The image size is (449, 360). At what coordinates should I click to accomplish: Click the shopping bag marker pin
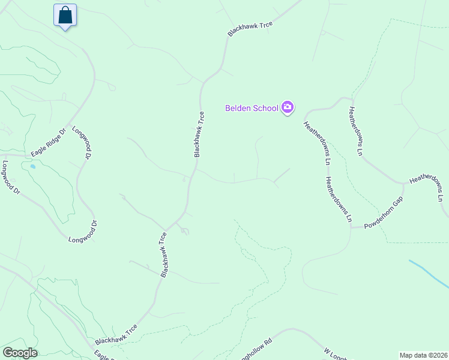[65, 15]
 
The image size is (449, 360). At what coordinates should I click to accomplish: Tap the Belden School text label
[252, 108]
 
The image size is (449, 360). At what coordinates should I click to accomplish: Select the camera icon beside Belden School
[288, 107]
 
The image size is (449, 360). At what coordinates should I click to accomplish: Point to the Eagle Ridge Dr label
[48, 143]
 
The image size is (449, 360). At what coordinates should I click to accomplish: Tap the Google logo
[20, 353]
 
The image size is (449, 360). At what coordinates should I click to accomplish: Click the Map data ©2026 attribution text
[423, 355]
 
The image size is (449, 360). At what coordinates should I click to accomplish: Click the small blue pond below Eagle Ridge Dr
[32, 166]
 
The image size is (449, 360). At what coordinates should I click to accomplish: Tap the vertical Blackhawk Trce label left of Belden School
[199, 134]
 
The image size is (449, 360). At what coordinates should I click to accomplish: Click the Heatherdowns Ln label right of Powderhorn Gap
[428, 188]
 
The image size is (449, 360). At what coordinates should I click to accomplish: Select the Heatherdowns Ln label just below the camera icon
[316, 143]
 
